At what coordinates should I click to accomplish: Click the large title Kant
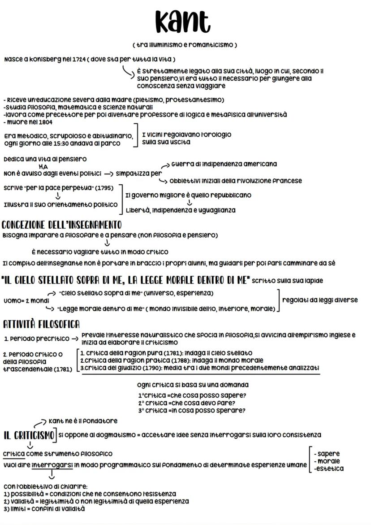pos(183,22)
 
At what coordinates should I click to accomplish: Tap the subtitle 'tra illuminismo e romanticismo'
pos(185,45)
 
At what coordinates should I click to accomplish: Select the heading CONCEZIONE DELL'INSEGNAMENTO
pos(61,225)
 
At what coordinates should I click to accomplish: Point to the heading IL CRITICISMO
pos(29,435)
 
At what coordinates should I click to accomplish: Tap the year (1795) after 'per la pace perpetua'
pos(104,187)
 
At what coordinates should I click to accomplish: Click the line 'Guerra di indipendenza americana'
pos(224,164)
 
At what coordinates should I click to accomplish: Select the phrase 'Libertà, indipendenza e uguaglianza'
pos(180,210)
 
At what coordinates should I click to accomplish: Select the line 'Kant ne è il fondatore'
pos(82,421)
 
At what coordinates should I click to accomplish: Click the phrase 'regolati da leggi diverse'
pos(319,300)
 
